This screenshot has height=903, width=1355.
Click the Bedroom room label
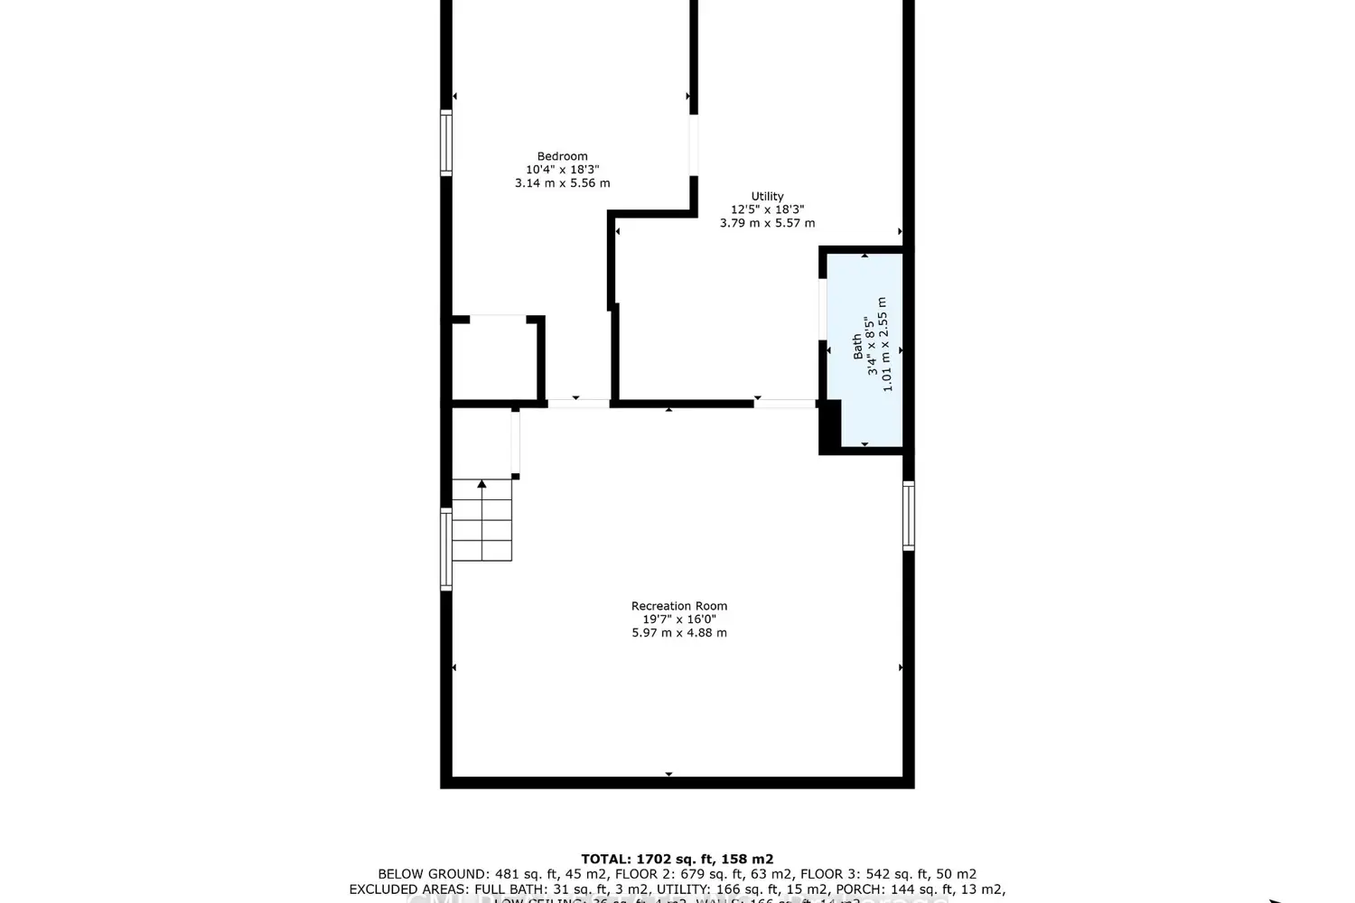click(x=562, y=156)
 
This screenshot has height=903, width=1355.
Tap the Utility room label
click(x=767, y=196)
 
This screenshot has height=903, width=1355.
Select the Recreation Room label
click(x=678, y=606)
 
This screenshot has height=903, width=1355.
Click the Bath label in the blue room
click(x=857, y=347)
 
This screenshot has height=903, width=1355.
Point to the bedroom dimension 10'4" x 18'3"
click(x=562, y=170)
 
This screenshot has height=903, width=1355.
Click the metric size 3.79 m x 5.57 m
click(x=767, y=223)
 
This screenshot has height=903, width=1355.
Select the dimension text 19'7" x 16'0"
click(x=678, y=619)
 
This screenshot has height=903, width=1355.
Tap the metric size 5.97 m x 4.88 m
click(x=678, y=633)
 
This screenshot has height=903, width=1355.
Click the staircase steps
click(x=482, y=528)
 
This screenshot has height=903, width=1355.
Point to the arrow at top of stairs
click(x=482, y=485)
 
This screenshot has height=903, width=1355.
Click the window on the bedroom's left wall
click(x=446, y=142)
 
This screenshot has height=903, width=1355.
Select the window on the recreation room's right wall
click(x=909, y=516)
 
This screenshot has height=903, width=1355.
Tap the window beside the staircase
click(x=446, y=549)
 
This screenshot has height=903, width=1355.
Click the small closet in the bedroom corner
click(x=495, y=359)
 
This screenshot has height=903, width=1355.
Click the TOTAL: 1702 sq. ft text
click(x=677, y=860)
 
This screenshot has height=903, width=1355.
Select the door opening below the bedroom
click(x=578, y=403)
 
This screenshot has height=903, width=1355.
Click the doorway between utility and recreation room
click(x=785, y=403)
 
